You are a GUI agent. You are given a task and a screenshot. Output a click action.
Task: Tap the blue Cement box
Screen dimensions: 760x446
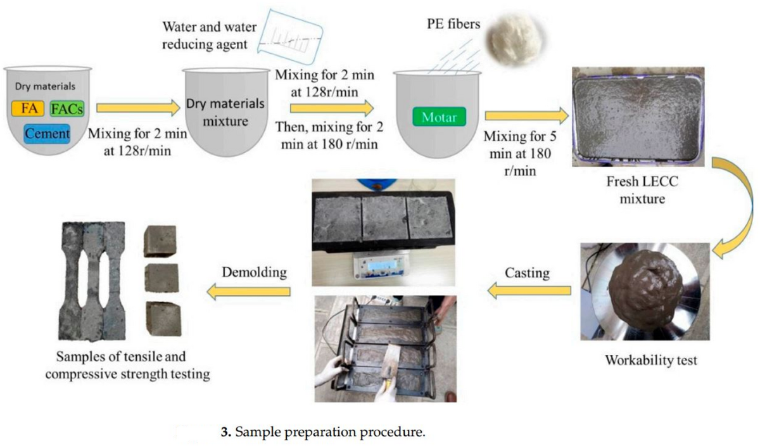[47, 134]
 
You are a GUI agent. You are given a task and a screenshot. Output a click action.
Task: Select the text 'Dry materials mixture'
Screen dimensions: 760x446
[226, 110]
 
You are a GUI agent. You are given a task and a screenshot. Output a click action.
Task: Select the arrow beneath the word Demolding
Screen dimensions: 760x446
[249, 291]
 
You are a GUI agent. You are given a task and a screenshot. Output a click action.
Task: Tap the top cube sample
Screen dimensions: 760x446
[159, 241]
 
